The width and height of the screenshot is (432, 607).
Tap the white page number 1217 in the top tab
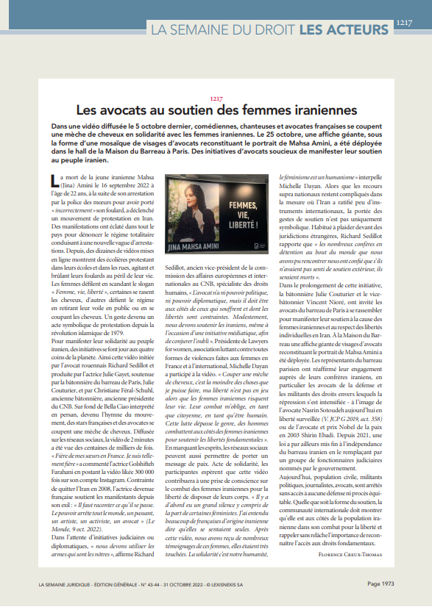[404, 23]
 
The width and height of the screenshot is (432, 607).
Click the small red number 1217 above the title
[216, 98]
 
